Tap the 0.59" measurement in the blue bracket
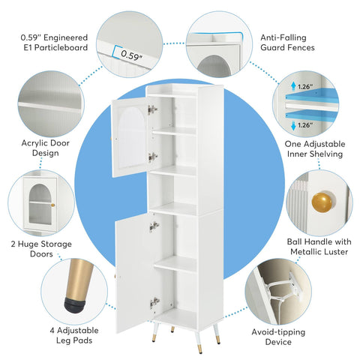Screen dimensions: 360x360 point(131,54)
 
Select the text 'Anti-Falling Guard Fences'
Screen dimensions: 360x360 point(287,41)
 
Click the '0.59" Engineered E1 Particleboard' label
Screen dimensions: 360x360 point(55,41)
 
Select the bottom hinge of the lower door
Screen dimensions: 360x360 point(154,301)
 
